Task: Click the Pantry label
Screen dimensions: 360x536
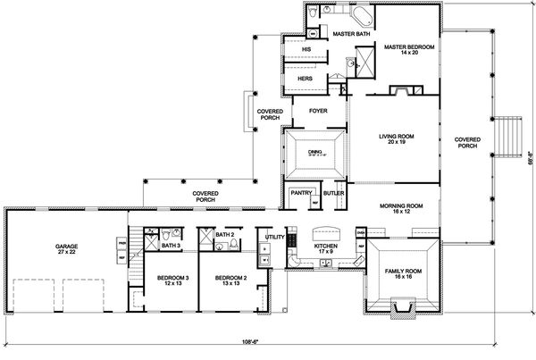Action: click(299, 192)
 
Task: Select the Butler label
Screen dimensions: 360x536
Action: click(333, 192)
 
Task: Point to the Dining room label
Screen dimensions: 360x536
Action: click(314, 152)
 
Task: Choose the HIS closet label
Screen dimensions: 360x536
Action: click(306, 49)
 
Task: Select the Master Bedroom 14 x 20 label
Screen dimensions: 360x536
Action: click(404, 50)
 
